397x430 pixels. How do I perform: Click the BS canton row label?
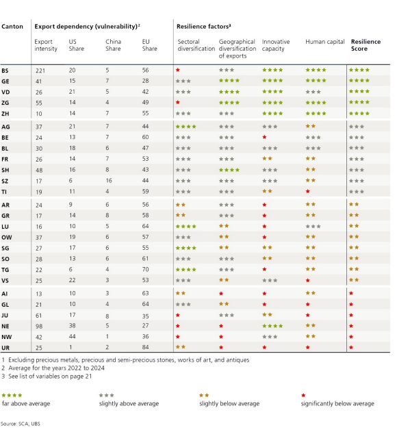click(x=6, y=70)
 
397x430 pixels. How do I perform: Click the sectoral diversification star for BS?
click(x=178, y=70)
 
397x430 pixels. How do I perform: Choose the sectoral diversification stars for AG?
click(x=185, y=127)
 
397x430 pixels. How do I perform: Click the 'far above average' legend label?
click(x=22, y=403)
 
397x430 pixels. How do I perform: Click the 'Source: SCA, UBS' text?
click(x=22, y=424)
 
